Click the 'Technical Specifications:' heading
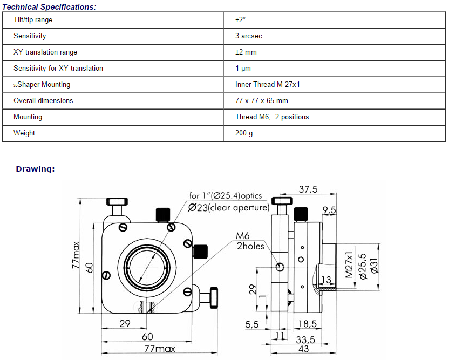(x=50, y=7)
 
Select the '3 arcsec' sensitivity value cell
(x=248, y=36)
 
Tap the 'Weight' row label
(x=24, y=133)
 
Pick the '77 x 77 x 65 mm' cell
(x=261, y=101)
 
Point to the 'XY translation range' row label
(x=45, y=52)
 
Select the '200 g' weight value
(x=244, y=133)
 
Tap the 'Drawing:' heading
(x=35, y=169)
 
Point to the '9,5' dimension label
(x=329, y=209)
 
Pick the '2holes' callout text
(x=250, y=246)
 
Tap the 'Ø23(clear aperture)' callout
(x=228, y=207)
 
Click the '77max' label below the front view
(x=159, y=349)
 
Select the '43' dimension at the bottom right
(x=303, y=349)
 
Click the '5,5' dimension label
(x=252, y=324)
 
